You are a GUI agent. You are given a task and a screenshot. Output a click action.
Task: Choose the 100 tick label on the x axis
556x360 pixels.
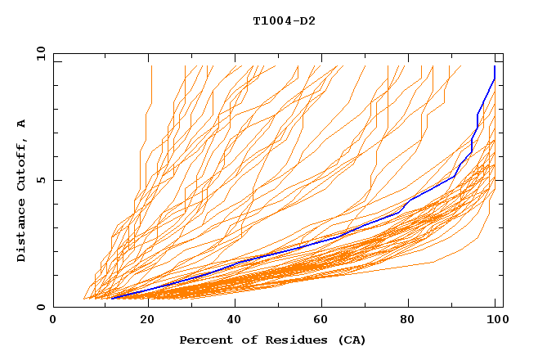pyautogui.click(x=495, y=321)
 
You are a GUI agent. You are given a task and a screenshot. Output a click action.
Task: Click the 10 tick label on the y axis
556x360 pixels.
pyautogui.click(x=39, y=53)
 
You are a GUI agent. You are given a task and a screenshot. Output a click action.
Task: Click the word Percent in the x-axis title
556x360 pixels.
pyautogui.click(x=204, y=340)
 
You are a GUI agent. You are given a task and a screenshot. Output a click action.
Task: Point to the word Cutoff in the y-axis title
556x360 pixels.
pyautogui.click(x=21, y=162)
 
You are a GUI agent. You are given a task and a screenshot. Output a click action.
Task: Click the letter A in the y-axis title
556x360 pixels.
pyautogui.click(x=21, y=123)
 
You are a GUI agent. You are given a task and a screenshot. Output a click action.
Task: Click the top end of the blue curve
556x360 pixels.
pyautogui.click(x=495, y=66)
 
